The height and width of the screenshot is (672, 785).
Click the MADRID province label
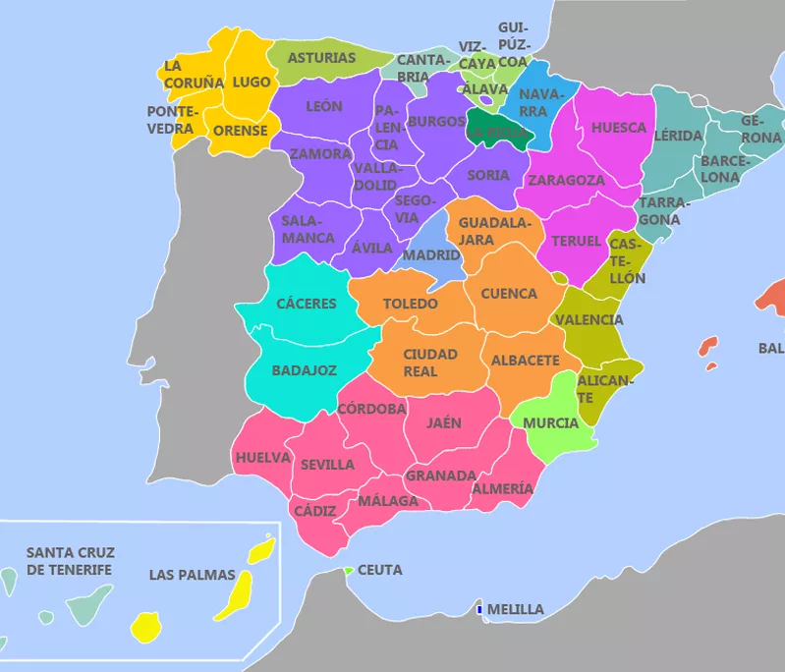coord(432,255)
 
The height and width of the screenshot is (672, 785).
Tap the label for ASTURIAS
coord(321,58)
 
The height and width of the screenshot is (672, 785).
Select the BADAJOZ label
coord(305,370)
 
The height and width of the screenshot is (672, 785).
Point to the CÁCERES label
coord(306,304)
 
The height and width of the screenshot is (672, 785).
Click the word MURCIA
coord(550,423)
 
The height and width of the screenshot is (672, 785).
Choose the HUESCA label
coord(619,128)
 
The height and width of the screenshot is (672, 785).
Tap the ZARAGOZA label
coord(566,181)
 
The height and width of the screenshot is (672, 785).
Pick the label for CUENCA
coord(509,294)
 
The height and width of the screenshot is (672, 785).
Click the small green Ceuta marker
coord(348,570)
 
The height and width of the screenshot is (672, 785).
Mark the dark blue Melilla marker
coord(478,610)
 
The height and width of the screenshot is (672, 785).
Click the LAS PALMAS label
coord(192,575)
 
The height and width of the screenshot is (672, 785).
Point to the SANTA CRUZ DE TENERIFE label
coord(69,561)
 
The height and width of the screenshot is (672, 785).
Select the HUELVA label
coord(262,458)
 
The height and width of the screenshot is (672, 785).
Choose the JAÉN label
coord(444,423)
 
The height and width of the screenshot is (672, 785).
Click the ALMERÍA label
coord(503,488)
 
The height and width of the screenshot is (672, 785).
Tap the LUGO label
coord(252,83)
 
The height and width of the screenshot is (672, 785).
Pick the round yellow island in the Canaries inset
coord(146,625)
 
